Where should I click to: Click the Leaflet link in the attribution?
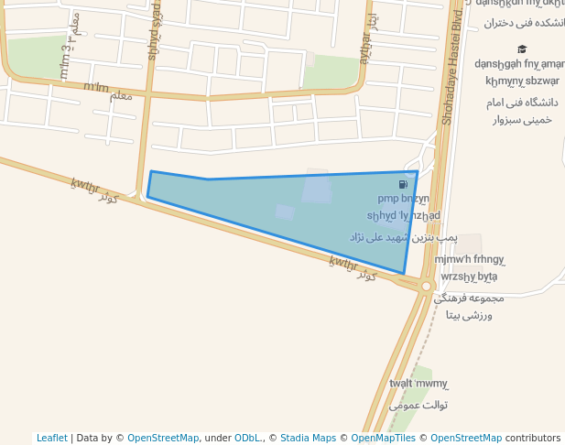tap(51, 438)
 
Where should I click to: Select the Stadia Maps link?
tap(308, 438)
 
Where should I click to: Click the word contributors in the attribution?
tap(533, 438)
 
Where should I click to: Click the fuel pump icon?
tap(403, 184)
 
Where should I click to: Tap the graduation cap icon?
tap(522, 49)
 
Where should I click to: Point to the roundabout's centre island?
tap(426, 287)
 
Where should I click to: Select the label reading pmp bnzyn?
tap(403, 198)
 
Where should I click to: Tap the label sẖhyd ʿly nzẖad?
tap(403, 215)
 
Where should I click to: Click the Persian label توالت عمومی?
tap(418, 404)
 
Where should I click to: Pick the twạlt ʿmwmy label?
tap(418, 384)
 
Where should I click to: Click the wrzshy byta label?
tap(469, 276)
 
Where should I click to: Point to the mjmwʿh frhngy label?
tap(470, 259)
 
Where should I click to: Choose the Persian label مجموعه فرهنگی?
tap(468, 298)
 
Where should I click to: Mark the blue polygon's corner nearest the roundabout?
tap(405, 273)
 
